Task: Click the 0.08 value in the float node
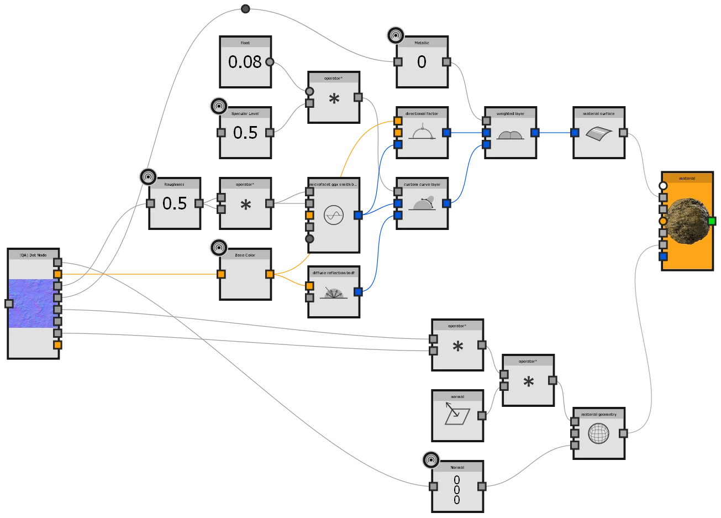[245, 62]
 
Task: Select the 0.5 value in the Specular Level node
[245, 133]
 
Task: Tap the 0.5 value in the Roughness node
[175, 203]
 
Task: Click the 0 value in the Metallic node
[422, 62]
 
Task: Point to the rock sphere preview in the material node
[687, 221]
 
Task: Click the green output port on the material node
[712, 221]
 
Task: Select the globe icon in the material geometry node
[598, 433]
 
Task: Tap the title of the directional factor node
[422, 113]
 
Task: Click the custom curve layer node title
[422, 184]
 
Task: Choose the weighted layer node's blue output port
[534, 133]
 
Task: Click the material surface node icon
[598, 133]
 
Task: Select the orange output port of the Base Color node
[269, 274]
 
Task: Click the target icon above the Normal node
[431, 459]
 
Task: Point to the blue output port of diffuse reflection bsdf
[357, 291]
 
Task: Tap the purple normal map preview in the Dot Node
[33, 303]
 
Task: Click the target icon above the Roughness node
[148, 177]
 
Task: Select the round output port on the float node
[269, 62]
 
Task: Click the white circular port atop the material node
[663, 186]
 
